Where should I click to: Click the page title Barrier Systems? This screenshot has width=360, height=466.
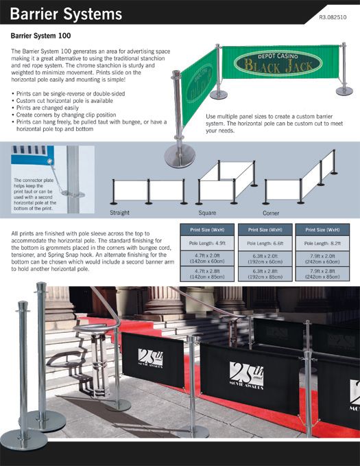66,14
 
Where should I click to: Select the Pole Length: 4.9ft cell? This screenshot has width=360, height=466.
205,243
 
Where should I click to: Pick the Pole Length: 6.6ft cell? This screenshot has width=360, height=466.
263,243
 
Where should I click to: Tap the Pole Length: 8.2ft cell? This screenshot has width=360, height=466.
322,243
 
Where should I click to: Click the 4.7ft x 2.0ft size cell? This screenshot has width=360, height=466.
205,259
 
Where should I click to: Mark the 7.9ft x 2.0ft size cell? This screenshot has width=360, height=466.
322,259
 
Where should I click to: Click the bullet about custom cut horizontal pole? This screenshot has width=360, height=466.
69,100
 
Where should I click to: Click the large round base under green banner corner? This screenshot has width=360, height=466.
180,156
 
